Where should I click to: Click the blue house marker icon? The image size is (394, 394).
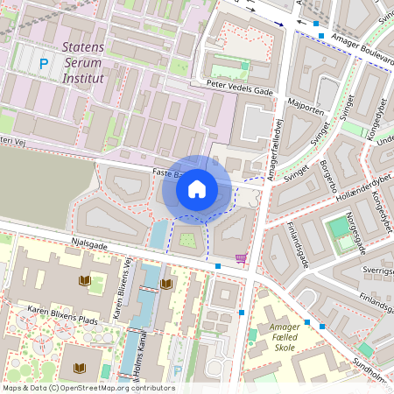tap(197, 188)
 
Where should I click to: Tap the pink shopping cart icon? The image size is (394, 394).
tap(242, 259)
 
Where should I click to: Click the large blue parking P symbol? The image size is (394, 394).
tap(44, 63)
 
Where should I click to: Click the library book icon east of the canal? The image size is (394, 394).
tap(166, 285)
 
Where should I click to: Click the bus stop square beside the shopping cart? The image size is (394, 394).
tap(218, 265)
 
